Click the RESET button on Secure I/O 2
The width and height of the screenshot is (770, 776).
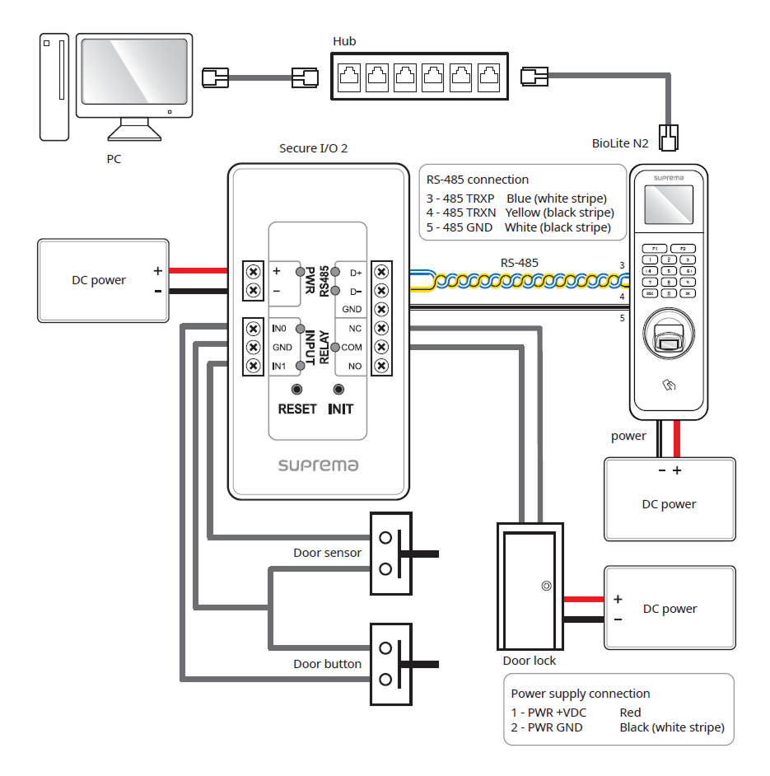296,390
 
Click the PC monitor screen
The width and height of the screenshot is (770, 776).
133,77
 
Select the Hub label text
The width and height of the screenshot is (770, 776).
344,41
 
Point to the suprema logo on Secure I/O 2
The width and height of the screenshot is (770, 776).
318,465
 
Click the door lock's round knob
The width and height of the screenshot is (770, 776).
546,587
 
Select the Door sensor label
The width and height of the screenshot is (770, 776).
327,553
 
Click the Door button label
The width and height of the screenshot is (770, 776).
327,664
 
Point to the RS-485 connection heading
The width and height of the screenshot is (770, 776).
478,180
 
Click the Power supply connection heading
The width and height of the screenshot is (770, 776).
580,694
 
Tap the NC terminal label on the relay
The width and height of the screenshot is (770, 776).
355,328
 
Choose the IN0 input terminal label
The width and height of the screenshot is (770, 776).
279,328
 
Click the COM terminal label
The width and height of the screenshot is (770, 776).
352,348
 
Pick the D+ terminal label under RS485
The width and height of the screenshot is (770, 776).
356,272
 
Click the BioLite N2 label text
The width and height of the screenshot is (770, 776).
620,143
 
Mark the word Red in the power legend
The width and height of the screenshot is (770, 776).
630,713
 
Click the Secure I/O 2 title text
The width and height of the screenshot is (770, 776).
314,148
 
